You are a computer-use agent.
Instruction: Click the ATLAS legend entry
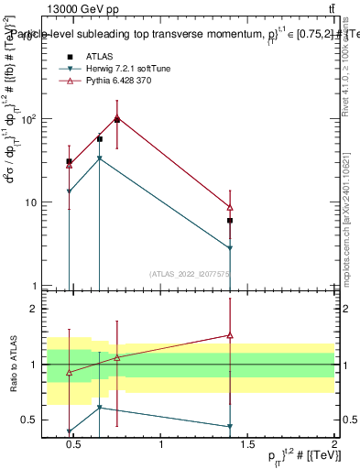click(98, 57)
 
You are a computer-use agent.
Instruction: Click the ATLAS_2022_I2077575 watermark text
click(191, 273)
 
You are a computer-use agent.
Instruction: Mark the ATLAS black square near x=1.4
click(230, 221)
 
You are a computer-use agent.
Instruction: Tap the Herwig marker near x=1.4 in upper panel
click(230, 248)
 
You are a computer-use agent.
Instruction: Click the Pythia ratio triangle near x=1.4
click(230, 336)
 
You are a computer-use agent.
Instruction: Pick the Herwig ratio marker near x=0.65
click(99, 408)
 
